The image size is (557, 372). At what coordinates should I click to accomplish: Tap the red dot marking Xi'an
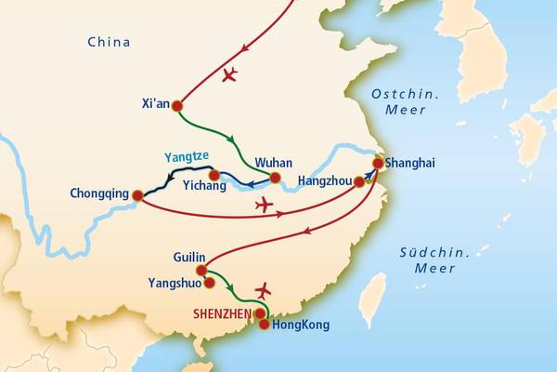pyautogui.click(x=177, y=105)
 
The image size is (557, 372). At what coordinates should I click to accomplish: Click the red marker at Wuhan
pyautogui.click(x=275, y=176)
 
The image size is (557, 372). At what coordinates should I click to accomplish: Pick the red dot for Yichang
pyautogui.click(x=214, y=175)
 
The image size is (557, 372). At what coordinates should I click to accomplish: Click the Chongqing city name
pyautogui.click(x=98, y=195)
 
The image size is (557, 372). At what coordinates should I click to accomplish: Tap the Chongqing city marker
pyautogui.click(x=137, y=195)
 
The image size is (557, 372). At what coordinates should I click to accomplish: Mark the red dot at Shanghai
pyautogui.click(x=378, y=164)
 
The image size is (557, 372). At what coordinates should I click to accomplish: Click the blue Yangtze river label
pyautogui.click(x=185, y=157)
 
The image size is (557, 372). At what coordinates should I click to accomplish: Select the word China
pyautogui.click(x=109, y=42)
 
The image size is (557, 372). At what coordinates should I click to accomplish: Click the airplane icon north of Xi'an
pyautogui.click(x=229, y=73)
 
